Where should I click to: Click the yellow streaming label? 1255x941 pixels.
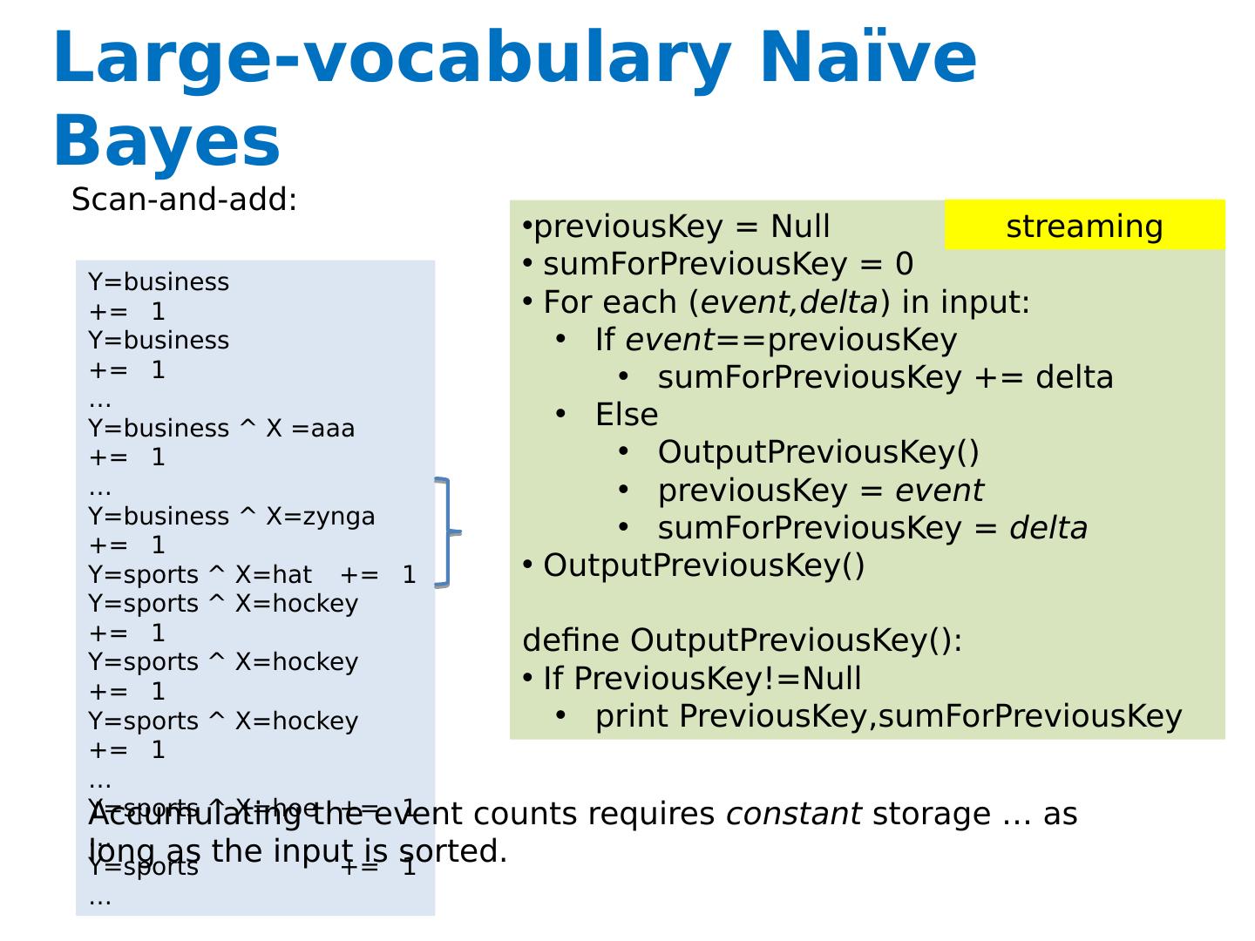1084,226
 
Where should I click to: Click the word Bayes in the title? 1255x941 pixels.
166,141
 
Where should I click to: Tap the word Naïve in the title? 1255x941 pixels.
868,58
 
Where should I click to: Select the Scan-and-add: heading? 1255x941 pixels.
184,200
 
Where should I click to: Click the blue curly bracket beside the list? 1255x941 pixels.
448,531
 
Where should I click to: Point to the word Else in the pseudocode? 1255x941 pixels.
626,415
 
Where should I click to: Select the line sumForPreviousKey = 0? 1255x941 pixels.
728,264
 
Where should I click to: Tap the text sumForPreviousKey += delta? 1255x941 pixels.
885,377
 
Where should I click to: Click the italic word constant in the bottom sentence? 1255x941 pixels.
793,814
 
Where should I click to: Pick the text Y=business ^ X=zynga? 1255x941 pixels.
232,516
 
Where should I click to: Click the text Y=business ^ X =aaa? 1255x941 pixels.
221,428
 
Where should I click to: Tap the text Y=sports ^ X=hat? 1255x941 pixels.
200,575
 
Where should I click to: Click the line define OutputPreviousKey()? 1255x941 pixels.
742,640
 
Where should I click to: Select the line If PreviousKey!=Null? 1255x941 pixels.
702,678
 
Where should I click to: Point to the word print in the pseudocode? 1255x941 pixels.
632,716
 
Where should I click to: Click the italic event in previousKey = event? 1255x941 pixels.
939,491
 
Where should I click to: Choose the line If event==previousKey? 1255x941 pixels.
776,340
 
